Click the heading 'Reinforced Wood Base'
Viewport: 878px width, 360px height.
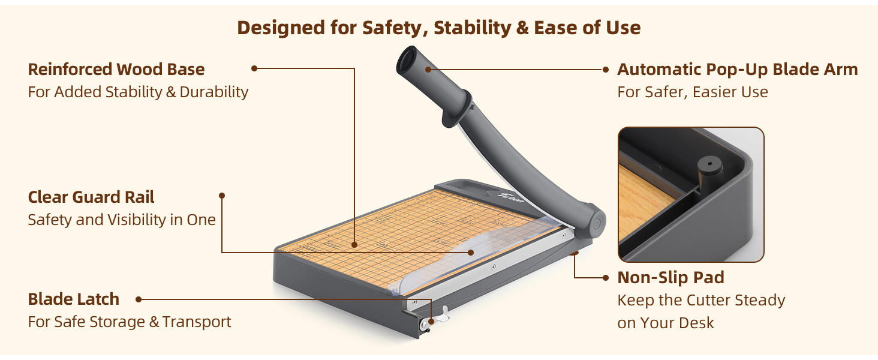click(116, 70)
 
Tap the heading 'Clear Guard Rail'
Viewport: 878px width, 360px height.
click(91, 197)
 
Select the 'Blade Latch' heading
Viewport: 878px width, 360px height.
click(73, 299)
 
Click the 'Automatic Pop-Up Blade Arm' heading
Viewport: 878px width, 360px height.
click(737, 70)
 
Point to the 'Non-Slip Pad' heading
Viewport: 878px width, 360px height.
click(670, 278)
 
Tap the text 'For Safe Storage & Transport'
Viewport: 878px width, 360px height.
click(129, 322)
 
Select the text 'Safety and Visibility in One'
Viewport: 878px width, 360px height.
click(121, 220)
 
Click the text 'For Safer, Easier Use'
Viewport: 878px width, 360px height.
click(692, 92)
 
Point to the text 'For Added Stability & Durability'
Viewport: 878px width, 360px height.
click(138, 92)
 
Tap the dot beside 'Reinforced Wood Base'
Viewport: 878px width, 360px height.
click(254, 68)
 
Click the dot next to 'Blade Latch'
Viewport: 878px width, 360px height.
click(139, 299)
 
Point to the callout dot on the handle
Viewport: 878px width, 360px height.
click(428, 70)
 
